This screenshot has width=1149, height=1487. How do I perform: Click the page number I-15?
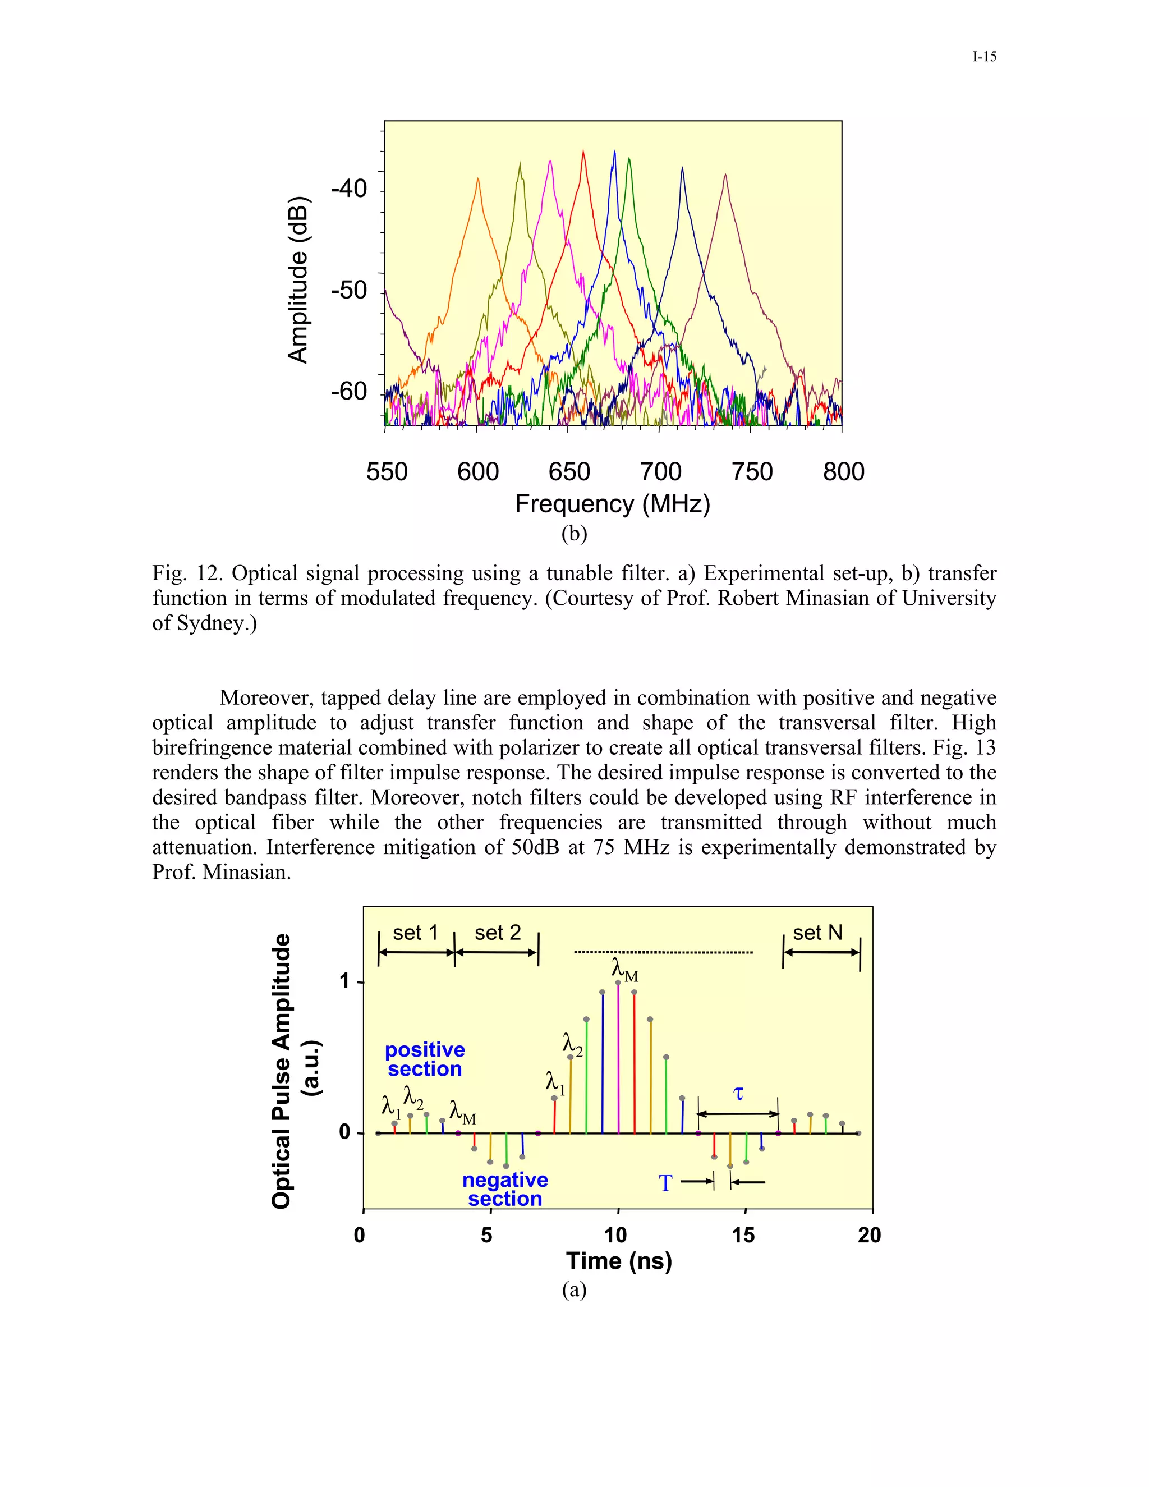(984, 57)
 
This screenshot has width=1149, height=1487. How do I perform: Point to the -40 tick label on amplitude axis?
(348, 189)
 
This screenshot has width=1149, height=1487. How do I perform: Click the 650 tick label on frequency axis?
(569, 472)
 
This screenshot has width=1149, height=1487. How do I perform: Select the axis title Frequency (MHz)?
(612, 504)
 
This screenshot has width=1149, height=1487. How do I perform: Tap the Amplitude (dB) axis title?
(298, 280)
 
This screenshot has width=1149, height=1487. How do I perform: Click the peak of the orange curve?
(478, 180)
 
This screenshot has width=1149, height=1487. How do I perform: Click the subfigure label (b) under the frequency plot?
(574, 533)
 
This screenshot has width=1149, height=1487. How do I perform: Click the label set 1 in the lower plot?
(415, 932)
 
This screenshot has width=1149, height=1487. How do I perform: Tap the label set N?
(817, 932)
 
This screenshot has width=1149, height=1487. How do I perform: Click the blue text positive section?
(425, 1059)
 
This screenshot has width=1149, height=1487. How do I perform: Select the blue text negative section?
(505, 1189)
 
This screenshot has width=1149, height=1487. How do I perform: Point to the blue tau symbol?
(738, 1094)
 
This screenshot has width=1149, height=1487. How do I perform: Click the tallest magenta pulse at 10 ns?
(618, 1055)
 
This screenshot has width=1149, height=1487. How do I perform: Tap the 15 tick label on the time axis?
(743, 1235)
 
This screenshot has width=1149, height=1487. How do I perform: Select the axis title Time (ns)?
(619, 1261)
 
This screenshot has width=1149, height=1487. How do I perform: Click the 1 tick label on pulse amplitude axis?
(345, 981)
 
